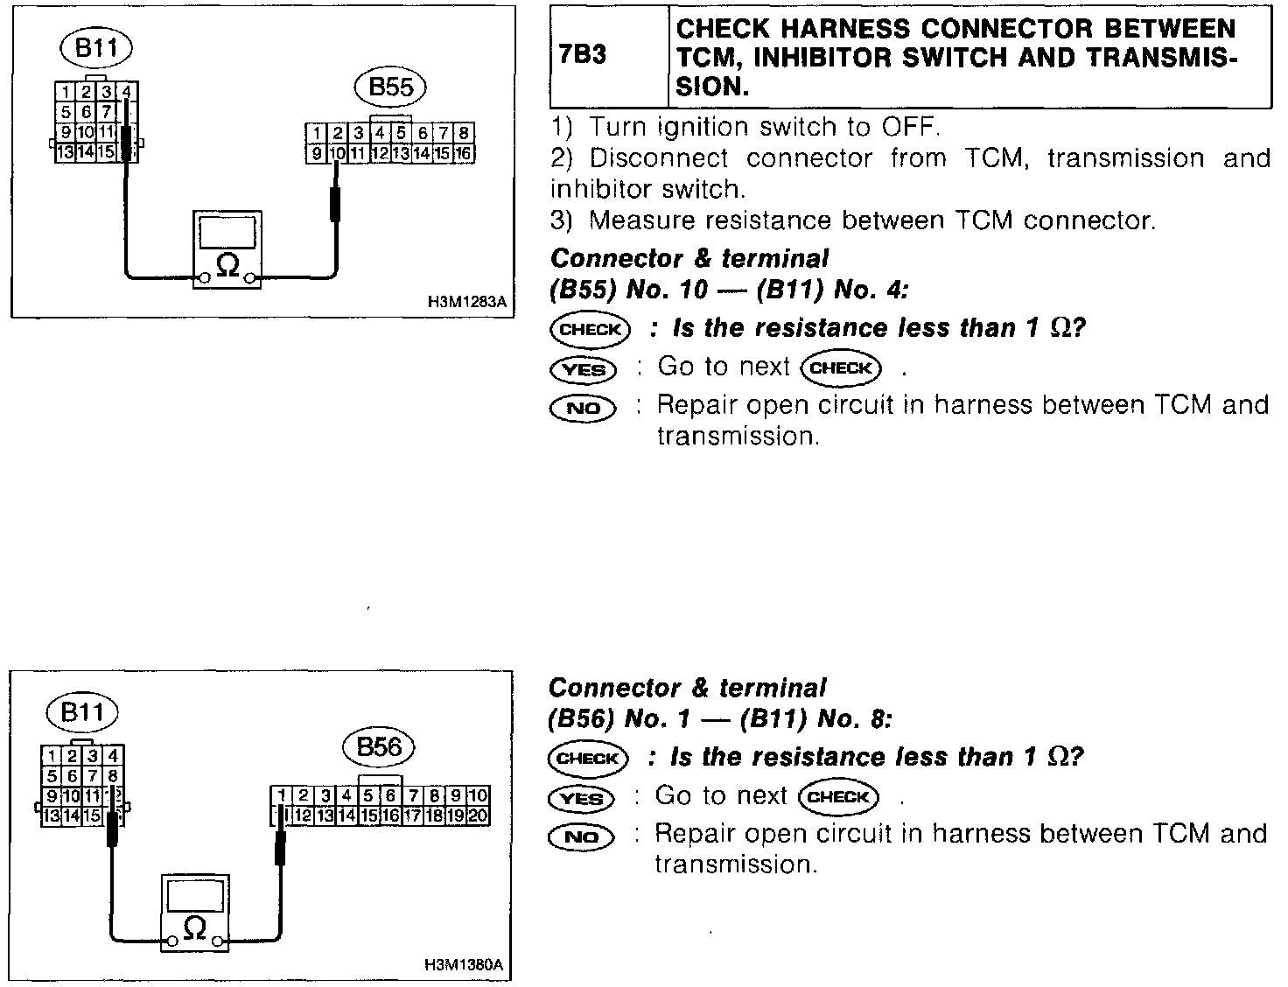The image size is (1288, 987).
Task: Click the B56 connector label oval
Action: (378, 747)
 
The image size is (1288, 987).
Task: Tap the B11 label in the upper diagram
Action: (96, 47)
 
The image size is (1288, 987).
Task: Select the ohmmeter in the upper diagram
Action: (227, 250)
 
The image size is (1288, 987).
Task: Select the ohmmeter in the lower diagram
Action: (194, 913)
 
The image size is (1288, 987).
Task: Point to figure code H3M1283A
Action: (467, 303)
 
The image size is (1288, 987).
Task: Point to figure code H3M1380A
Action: (464, 966)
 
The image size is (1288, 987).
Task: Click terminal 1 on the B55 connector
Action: (315, 134)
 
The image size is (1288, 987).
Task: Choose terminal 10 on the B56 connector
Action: (478, 796)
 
